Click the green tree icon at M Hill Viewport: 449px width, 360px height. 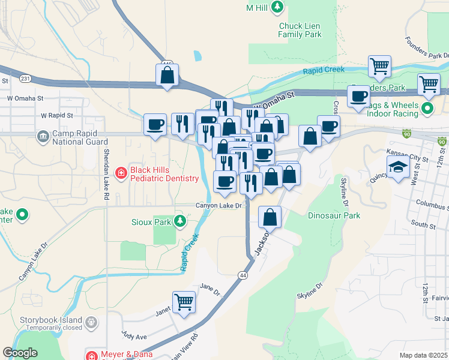click(277, 7)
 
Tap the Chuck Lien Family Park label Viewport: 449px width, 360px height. click(300, 30)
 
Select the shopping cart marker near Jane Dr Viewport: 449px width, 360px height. click(184, 302)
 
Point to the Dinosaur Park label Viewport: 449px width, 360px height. click(334, 215)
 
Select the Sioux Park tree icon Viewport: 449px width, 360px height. click(179, 221)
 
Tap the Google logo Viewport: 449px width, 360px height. click(20, 353)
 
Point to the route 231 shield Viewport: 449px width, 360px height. click(25, 79)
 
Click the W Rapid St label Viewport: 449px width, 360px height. click(56, 115)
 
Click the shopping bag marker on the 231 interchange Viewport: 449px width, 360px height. click(167, 75)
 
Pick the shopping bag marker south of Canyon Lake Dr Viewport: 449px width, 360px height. click(270, 217)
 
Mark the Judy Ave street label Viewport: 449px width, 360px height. click(134, 337)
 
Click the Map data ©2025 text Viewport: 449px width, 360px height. click(423, 355)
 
